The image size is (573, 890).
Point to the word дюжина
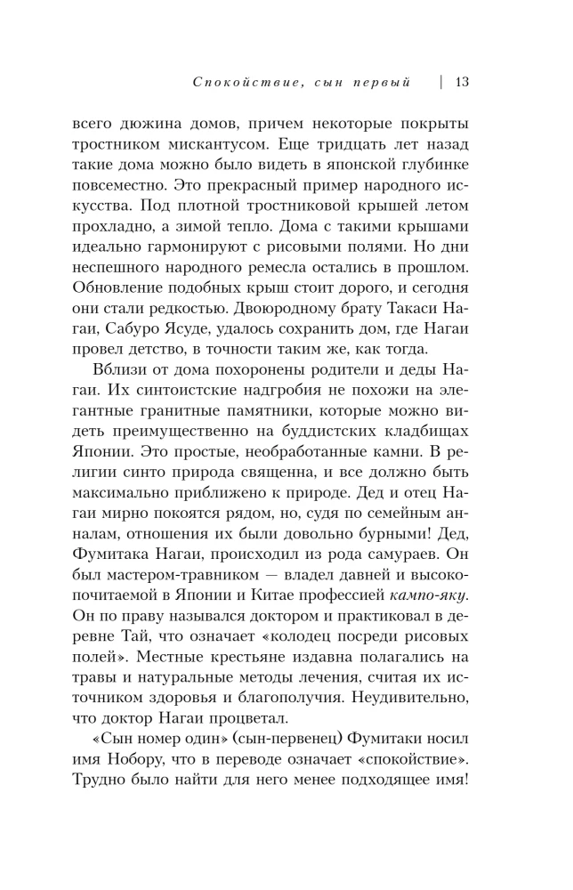(x=155, y=122)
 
